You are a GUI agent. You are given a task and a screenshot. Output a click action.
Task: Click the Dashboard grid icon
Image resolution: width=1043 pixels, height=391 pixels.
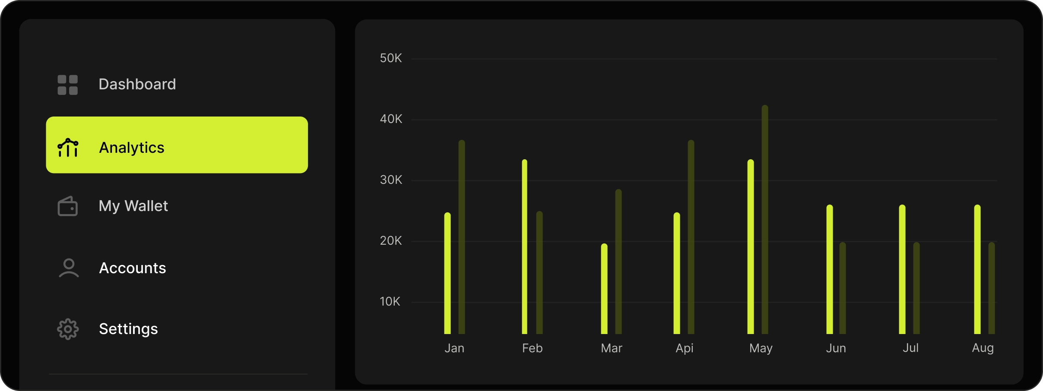[68, 85]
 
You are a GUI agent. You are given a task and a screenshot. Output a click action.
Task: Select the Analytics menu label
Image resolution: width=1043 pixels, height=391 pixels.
[132, 148]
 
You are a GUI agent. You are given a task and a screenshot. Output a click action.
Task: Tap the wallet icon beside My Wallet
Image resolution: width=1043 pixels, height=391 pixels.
[68, 206]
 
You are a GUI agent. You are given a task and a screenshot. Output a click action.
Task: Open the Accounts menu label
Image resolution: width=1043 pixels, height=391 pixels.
[133, 268]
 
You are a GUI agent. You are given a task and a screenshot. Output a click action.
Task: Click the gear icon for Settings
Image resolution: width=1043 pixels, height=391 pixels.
[68, 329]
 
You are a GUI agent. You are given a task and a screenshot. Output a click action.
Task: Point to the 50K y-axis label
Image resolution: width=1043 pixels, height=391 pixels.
[391, 58]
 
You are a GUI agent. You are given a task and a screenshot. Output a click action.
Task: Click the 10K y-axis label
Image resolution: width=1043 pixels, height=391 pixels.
[390, 302]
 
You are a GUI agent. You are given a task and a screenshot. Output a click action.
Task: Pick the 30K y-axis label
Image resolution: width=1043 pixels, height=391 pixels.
[391, 180]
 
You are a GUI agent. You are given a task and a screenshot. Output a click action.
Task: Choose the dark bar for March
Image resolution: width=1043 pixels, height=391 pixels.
[618, 262]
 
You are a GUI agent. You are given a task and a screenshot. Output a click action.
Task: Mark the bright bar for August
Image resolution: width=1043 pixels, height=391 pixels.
[977, 269]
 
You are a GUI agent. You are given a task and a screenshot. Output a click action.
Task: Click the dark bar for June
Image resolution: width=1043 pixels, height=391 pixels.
[843, 288]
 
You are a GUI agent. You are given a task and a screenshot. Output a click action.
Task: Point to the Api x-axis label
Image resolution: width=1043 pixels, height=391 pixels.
[685, 348]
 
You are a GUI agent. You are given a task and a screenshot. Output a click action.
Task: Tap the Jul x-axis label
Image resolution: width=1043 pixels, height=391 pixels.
[910, 348]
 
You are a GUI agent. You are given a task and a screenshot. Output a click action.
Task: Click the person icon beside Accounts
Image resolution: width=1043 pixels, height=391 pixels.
[69, 268]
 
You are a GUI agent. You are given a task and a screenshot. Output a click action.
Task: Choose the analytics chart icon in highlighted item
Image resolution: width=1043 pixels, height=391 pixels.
[68, 148]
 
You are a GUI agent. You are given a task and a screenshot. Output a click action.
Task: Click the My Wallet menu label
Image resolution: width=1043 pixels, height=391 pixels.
[133, 206]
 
